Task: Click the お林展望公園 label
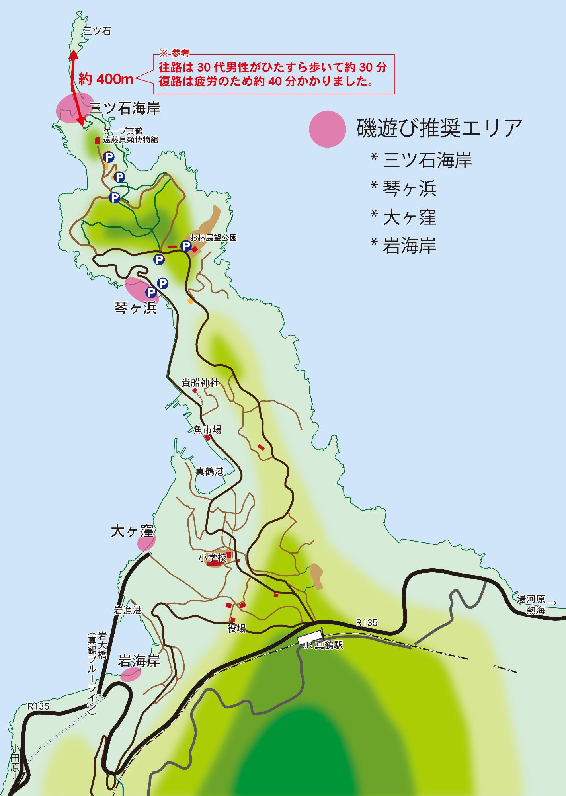point(213,238)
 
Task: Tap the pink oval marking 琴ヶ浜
point(141,291)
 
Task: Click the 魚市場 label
point(207,430)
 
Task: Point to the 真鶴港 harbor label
point(209,472)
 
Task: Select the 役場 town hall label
point(236,628)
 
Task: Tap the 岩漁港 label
point(128,610)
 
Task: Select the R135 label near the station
point(366,622)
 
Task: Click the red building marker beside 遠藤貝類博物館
point(97,140)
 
